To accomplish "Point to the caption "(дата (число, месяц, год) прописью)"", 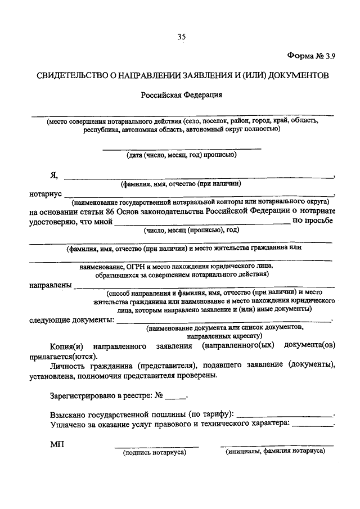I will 182,155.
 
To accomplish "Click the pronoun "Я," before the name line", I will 54,175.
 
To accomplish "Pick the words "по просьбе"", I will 313,220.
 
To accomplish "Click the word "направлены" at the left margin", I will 50,285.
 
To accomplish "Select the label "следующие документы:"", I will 71,319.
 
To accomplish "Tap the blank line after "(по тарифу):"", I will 285,415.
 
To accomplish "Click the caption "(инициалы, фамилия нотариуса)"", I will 276,451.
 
